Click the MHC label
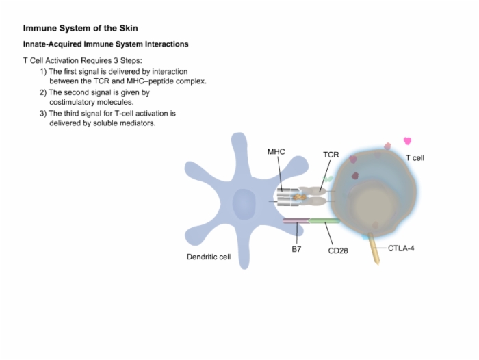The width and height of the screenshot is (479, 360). (x=276, y=152)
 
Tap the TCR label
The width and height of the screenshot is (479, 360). (x=331, y=155)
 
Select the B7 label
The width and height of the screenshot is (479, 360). (x=296, y=249)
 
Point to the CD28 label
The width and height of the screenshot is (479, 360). (x=338, y=251)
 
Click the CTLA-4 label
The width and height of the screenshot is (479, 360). (x=401, y=248)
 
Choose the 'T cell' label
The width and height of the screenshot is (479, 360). (x=415, y=158)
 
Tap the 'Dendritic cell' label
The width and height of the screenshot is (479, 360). (x=209, y=257)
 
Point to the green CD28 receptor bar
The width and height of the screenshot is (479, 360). (x=324, y=220)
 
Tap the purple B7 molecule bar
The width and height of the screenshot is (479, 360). (x=296, y=220)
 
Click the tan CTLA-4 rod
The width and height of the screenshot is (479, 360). (x=374, y=248)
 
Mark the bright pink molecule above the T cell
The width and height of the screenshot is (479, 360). (x=408, y=141)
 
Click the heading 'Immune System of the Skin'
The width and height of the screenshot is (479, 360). (x=80, y=29)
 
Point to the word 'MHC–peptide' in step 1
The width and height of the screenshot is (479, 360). (x=146, y=81)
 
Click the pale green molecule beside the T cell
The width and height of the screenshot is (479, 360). (x=328, y=179)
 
